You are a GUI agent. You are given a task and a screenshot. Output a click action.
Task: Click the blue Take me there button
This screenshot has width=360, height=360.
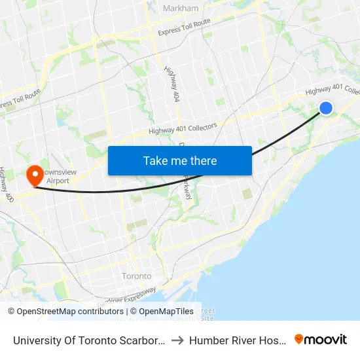tap(180, 160)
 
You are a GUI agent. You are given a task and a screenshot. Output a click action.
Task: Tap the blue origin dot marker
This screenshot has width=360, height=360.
tap(325, 108)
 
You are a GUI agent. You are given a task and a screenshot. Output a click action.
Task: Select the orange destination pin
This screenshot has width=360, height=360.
tap(34, 175)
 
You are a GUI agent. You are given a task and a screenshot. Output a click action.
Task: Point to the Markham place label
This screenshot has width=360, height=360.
tap(180, 8)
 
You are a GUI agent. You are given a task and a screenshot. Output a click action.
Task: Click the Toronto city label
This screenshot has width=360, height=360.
tap(137, 276)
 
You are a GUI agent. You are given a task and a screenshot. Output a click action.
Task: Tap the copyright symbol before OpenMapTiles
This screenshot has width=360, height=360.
tap(134, 312)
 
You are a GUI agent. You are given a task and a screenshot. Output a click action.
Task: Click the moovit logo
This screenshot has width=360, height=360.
tap(321, 339)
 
